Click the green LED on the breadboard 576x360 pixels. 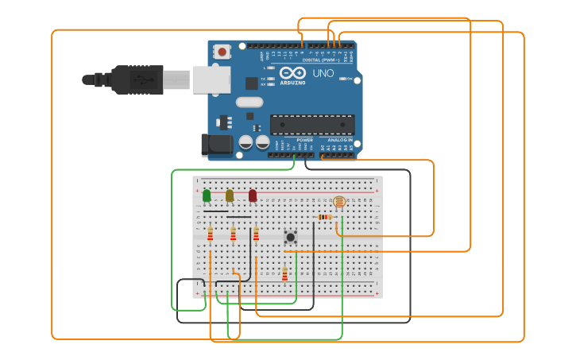(x=207, y=195)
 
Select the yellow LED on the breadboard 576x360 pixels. (x=230, y=195)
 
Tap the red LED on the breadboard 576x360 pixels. (x=253, y=195)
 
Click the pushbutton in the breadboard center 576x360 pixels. (x=291, y=237)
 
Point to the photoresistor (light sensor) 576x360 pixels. (x=339, y=203)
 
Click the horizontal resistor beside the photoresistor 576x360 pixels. (x=324, y=217)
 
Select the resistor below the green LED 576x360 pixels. (x=210, y=234)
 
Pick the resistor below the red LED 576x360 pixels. (x=256, y=234)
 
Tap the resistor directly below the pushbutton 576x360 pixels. (x=284, y=273)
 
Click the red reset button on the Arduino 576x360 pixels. (x=222, y=52)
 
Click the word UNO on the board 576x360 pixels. (x=323, y=73)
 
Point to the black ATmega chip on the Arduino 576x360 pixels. (x=312, y=125)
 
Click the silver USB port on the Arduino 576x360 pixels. (x=211, y=79)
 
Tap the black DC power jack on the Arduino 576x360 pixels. (x=215, y=144)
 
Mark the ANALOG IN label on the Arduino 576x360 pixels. (x=340, y=140)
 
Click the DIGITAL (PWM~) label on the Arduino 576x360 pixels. (x=320, y=60)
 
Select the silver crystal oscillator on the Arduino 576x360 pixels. (x=249, y=102)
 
